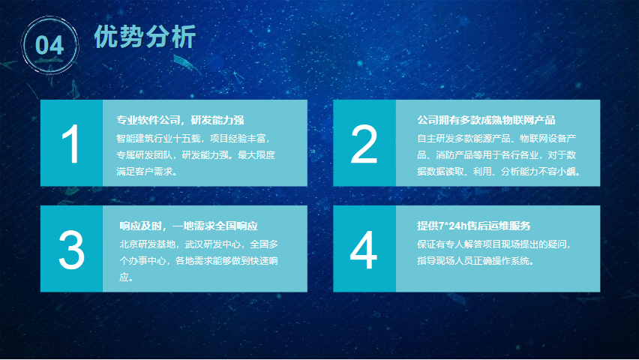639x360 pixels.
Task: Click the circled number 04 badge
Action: pyautogui.click(x=49, y=45)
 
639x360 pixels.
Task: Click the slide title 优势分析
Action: pyautogui.click(x=145, y=37)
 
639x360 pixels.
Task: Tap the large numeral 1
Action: pyautogui.click(x=70, y=144)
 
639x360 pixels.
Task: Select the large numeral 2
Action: pyautogui.click(x=364, y=144)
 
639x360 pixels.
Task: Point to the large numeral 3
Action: pyautogui.click(x=71, y=250)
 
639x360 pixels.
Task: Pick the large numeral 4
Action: pyautogui.click(x=364, y=250)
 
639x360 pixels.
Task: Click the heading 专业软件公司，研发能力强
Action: pyautogui.click(x=180, y=120)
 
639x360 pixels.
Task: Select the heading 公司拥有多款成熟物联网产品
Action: pyautogui.click(x=486, y=120)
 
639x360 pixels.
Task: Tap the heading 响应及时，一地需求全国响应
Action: pyautogui.click(x=188, y=226)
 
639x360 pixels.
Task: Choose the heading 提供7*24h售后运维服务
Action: pyautogui.click(x=473, y=226)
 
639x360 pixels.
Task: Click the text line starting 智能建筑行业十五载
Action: pyautogui.click(x=193, y=139)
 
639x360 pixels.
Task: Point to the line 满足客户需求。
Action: pyautogui.click(x=147, y=172)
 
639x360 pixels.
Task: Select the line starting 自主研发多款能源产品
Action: pyautogui.click(x=496, y=139)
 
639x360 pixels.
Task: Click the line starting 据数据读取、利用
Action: pyautogui.click(x=499, y=172)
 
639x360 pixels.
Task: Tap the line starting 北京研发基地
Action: pyautogui.click(x=199, y=244)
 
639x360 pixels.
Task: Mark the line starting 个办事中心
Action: pyautogui.click(x=199, y=260)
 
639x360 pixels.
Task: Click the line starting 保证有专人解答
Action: pyautogui.click(x=494, y=244)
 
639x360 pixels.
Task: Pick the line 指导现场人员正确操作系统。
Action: pyautogui.click(x=475, y=260)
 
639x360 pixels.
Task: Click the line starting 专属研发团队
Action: pyautogui.click(x=196, y=155)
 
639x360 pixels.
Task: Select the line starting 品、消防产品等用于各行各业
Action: pyautogui.click(x=496, y=155)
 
